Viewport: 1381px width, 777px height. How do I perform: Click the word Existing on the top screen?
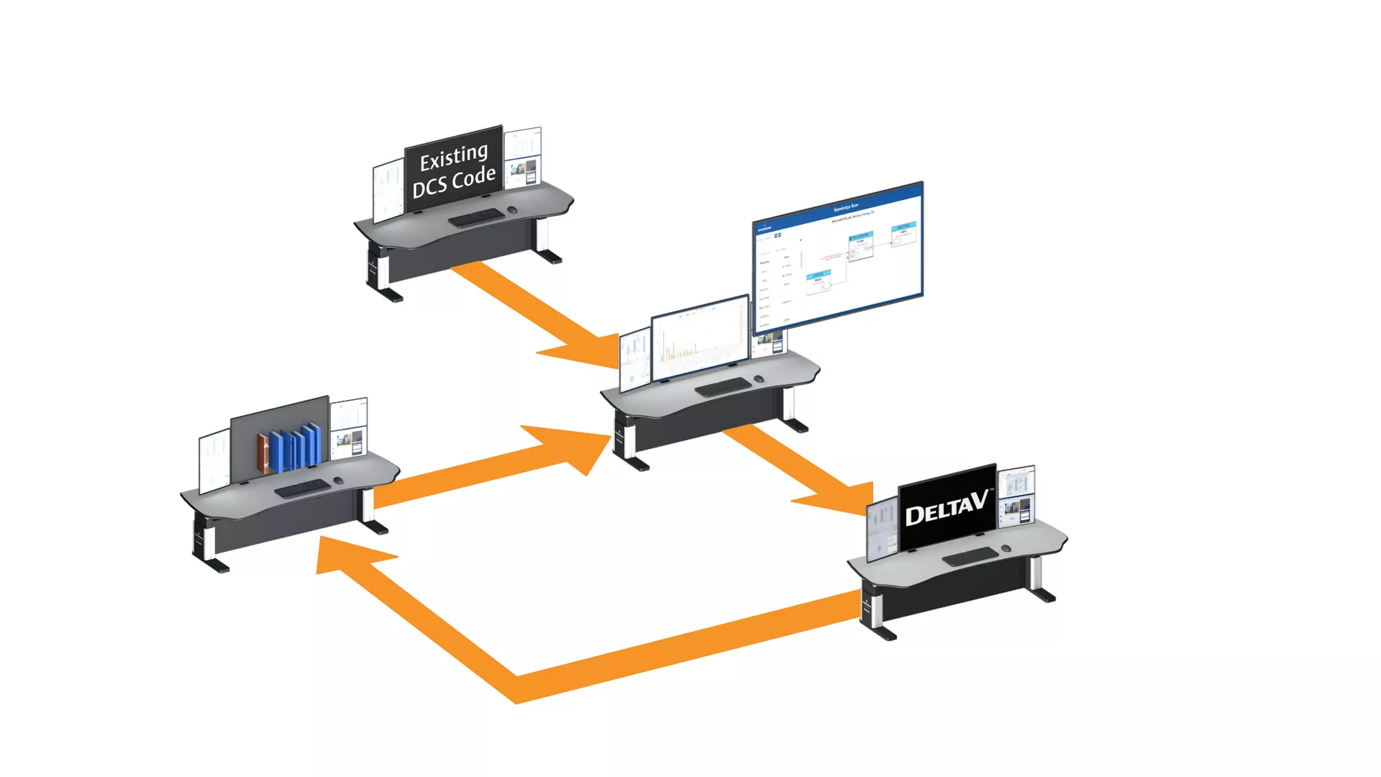(454, 157)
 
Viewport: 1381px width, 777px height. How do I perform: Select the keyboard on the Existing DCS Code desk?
(476, 217)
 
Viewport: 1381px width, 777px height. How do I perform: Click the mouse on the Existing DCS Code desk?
(512, 210)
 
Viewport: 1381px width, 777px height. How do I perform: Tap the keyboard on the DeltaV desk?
(970, 556)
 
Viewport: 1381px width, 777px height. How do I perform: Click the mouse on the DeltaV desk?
(1006, 548)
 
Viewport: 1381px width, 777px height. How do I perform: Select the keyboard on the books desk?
(303, 489)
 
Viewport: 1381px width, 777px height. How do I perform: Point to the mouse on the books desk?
(338, 480)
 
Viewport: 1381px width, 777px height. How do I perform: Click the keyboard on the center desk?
(723, 387)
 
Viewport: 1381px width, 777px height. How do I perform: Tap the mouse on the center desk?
(758, 378)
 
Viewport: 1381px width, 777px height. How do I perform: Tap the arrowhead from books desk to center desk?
(575, 446)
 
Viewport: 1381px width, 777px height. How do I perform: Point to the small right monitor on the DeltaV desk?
(1016, 496)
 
